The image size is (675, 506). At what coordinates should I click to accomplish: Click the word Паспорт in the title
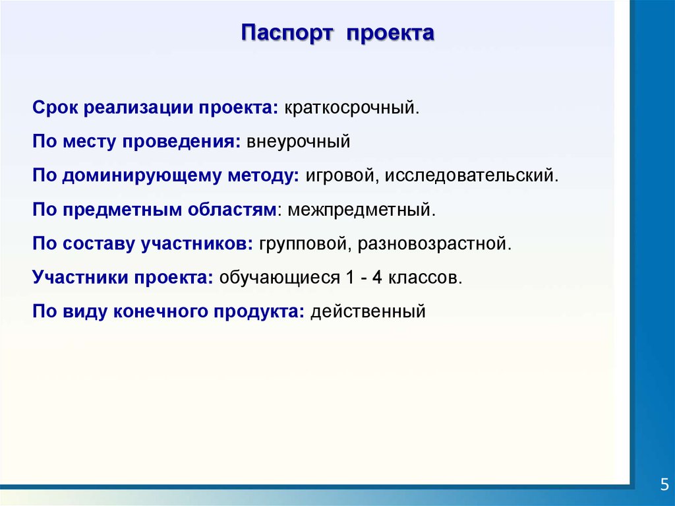click(x=287, y=34)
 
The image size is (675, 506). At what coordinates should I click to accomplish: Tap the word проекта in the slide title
click(x=390, y=34)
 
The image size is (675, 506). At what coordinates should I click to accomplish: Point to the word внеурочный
click(x=299, y=142)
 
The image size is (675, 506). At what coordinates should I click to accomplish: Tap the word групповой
click(x=306, y=244)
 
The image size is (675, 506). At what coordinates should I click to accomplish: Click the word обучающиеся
click(x=279, y=278)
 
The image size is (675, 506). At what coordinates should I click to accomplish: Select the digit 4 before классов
click(x=377, y=276)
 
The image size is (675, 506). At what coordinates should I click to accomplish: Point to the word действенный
click(x=368, y=311)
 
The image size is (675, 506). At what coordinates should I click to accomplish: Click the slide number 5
click(x=664, y=484)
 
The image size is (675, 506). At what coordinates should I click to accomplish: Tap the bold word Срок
click(x=55, y=108)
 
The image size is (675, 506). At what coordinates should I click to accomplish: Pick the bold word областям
click(x=232, y=210)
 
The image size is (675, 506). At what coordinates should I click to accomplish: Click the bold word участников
click(x=197, y=244)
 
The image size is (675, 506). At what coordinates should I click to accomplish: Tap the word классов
click(x=425, y=278)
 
